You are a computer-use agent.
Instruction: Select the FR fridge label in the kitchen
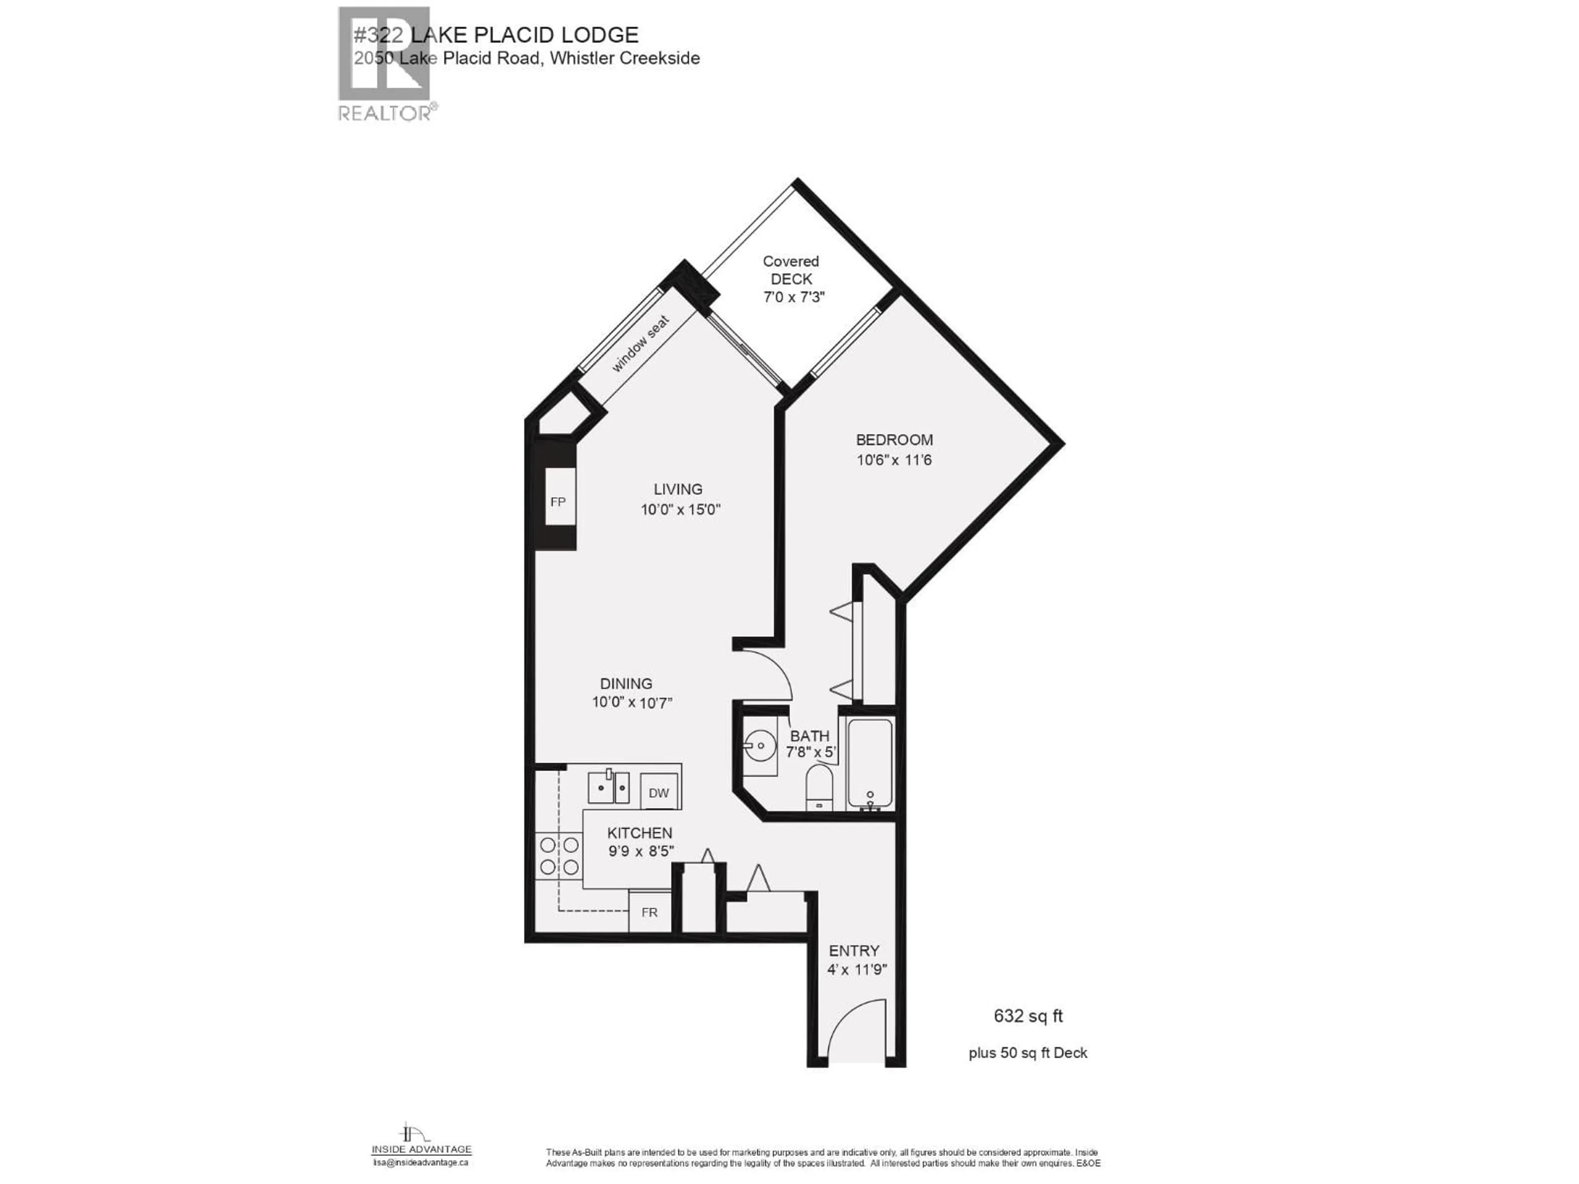[x=649, y=912]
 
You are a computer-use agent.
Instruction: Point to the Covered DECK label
[x=791, y=271]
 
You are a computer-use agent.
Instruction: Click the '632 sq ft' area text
[x=1028, y=1015]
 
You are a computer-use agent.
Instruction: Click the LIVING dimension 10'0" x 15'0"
[x=680, y=509]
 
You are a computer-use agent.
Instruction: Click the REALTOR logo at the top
[x=384, y=64]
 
